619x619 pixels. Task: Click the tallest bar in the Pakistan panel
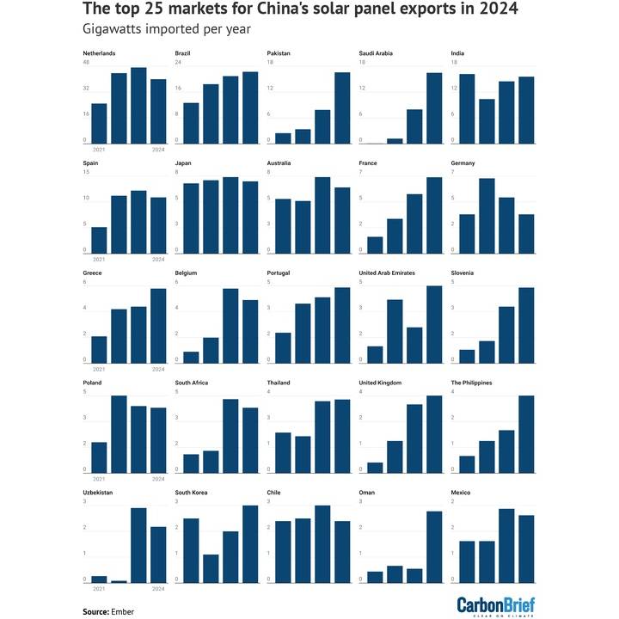(x=342, y=107)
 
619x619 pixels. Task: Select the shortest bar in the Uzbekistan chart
(x=119, y=581)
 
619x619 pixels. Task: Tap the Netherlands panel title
(x=100, y=53)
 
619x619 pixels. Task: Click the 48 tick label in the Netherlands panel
(x=86, y=62)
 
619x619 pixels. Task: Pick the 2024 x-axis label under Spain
(x=158, y=259)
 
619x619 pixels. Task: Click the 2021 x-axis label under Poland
(x=99, y=478)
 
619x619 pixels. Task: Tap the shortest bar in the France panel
(x=375, y=245)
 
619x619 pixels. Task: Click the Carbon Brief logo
(x=494, y=604)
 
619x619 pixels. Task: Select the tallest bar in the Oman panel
(x=434, y=547)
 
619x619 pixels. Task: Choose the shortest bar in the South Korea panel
(x=211, y=568)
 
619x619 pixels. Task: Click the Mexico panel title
(x=461, y=493)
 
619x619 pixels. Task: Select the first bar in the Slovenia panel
(x=467, y=356)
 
